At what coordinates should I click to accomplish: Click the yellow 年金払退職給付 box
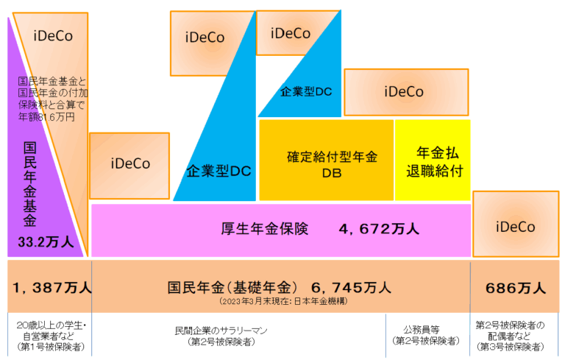coord(433,160)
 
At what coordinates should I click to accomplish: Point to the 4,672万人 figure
coord(379,229)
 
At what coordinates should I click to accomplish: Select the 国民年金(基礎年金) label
coord(232,286)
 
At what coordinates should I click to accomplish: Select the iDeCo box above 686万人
coord(516,226)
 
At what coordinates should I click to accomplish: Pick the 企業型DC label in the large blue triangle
coord(219,171)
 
